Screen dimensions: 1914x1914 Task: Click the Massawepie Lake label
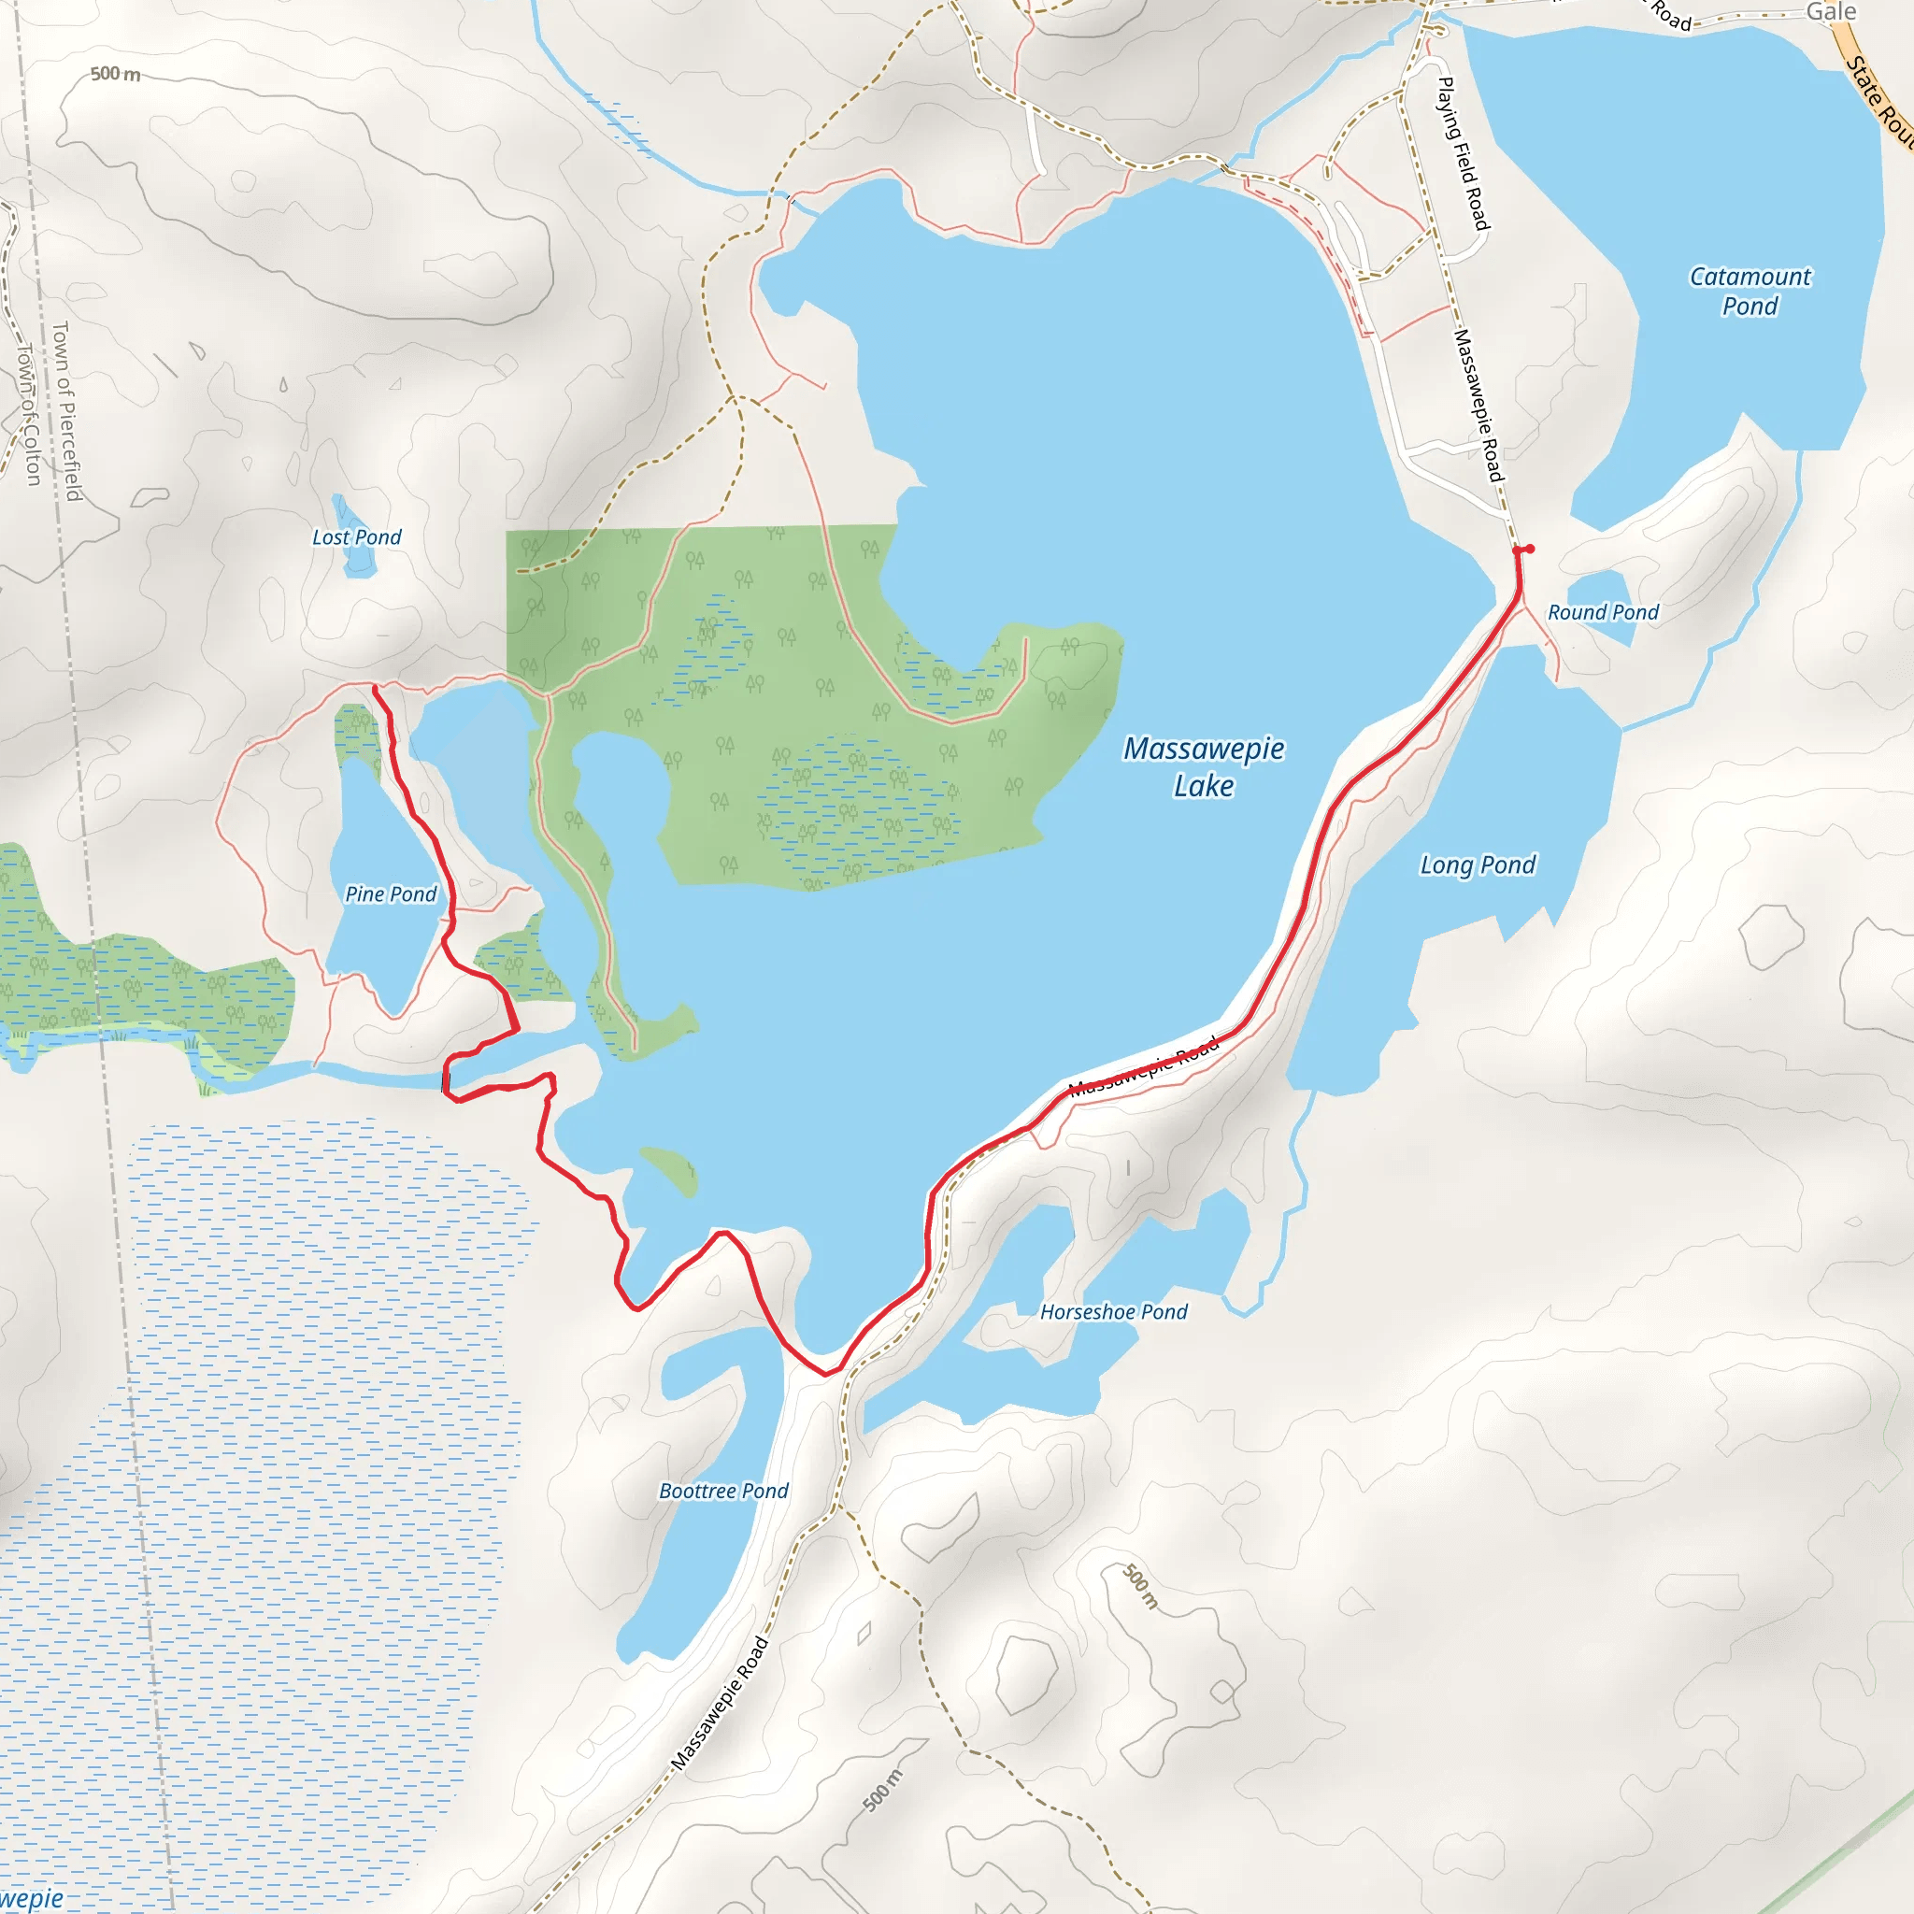(x=1204, y=766)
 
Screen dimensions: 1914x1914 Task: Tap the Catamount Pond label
(x=1750, y=292)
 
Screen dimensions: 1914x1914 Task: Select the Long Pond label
(x=1478, y=864)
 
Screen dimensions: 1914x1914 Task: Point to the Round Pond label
(x=1603, y=612)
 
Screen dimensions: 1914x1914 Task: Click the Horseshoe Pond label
(x=1113, y=1311)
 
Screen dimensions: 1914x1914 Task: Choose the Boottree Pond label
(x=723, y=1491)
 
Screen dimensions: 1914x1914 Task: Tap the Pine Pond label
(x=391, y=894)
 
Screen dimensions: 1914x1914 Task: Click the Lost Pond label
(x=357, y=537)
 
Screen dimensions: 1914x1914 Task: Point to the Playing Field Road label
(x=1464, y=153)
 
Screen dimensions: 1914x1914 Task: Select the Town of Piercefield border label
(x=66, y=410)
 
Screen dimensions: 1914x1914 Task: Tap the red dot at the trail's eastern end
(x=1530, y=549)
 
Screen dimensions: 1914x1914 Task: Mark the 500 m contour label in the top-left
(x=115, y=75)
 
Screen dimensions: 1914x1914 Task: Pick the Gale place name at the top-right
(x=1831, y=12)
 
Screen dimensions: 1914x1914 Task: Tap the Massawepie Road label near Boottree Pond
(x=721, y=1704)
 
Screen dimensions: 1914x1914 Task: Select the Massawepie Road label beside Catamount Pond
(x=1478, y=407)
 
